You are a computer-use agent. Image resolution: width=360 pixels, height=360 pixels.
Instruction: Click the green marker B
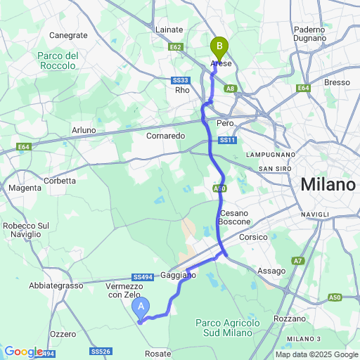coord(219,47)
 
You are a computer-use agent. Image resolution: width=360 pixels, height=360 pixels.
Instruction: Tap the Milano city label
coord(328,185)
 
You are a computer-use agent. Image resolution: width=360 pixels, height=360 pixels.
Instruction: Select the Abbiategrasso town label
coord(56,285)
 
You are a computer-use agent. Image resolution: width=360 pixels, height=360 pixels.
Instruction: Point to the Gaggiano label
coord(178,276)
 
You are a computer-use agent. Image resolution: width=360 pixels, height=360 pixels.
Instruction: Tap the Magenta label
coord(24,188)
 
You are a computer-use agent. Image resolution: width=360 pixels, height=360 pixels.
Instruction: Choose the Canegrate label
coord(68,35)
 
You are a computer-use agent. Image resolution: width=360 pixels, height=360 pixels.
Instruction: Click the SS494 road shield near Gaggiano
coord(142,278)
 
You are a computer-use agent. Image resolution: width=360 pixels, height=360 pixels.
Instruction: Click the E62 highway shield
coord(176,47)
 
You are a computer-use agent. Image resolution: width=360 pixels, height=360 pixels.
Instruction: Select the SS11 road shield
coord(226,141)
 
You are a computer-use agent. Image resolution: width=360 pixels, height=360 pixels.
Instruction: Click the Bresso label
coord(337,82)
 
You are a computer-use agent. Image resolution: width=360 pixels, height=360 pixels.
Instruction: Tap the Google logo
coord(22,352)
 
